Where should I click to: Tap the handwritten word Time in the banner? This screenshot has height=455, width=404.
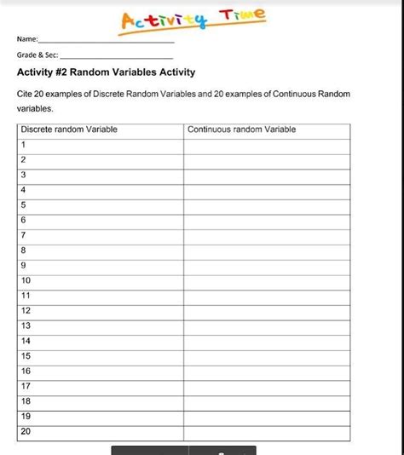[x=242, y=15]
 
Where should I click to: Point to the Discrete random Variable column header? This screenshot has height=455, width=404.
[x=69, y=130]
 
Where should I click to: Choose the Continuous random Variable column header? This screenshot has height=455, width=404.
[x=242, y=130]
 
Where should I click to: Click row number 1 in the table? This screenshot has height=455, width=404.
[x=24, y=145]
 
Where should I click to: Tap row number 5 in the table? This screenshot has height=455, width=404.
[x=24, y=205]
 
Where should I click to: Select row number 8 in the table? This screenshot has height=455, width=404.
[x=24, y=251]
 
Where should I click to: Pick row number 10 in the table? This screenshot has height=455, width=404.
[x=26, y=280]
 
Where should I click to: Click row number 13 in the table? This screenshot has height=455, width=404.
[x=26, y=325]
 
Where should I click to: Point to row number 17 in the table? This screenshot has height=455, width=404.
[x=26, y=386]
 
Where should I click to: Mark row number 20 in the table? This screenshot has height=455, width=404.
[x=26, y=431]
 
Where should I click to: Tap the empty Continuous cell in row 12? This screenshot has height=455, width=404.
[x=267, y=311]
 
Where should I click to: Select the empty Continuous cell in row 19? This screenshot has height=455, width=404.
[x=267, y=417]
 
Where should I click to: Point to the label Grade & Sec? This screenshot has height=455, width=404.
[x=37, y=55]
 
